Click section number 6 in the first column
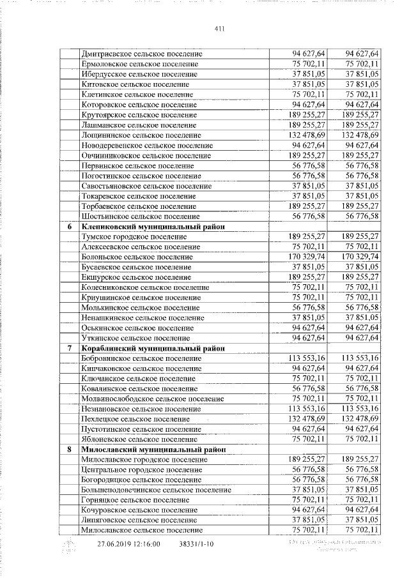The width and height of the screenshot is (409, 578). [x=69, y=227]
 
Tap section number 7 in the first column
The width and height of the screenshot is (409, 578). [x=69, y=348]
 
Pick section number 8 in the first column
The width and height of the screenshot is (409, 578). [x=69, y=450]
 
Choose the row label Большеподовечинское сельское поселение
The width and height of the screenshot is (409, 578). [x=157, y=490]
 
